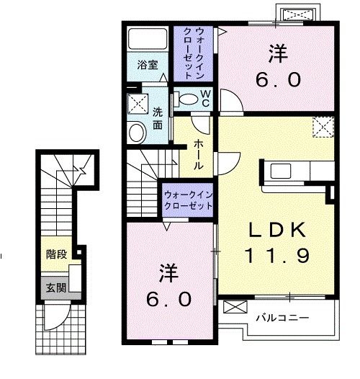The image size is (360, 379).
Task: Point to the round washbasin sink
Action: (x=137, y=131)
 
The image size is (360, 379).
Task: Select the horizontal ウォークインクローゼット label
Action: (x=187, y=200)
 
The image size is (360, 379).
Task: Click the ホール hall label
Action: (x=197, y=155)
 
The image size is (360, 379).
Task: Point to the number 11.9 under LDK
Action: (x=277, y=256)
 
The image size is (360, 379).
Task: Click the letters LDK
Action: (x=277, y=230)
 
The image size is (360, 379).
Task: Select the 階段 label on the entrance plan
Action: (x=55, y=254)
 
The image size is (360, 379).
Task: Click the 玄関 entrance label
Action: (x=55, y=287)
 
